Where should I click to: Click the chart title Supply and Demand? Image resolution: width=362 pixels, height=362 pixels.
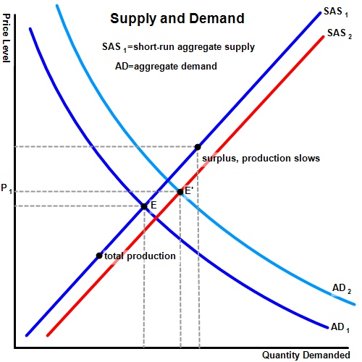177,19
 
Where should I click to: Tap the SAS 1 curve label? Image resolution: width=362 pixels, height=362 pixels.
336,12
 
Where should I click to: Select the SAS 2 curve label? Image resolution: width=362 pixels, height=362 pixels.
340,33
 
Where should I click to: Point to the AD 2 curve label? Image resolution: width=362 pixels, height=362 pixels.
342,288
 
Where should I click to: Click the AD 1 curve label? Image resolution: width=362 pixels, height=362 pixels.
340,327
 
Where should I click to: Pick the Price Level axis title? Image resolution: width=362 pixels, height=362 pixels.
6,38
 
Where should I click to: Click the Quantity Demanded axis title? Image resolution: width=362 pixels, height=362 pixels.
306,355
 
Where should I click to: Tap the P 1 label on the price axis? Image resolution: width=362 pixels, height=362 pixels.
7,188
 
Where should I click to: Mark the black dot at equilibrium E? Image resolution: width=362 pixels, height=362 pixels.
144,206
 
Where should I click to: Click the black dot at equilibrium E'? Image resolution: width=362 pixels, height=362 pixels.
180,192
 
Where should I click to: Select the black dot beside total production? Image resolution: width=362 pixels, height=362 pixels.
99,256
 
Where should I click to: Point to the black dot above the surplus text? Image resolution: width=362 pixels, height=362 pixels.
198,147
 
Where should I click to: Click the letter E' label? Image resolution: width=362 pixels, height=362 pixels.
189,190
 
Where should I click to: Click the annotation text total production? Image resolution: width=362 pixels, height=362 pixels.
140,256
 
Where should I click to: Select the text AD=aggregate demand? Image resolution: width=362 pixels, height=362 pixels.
166,67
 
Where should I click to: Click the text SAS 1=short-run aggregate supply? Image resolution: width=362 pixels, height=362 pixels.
178,47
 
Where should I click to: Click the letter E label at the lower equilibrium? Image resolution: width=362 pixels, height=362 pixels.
153,205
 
